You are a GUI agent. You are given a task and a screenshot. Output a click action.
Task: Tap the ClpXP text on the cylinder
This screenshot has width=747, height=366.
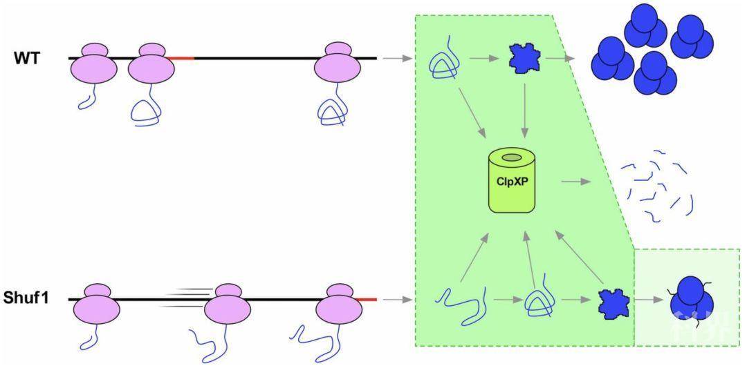pyautogui.click(x=511, y=184)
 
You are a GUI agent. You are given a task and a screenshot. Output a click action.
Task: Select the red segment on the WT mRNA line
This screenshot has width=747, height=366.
pyautogui.click(x=182, y=59)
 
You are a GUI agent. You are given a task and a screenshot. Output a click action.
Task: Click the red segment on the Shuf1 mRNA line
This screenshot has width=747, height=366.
pyautogui.click(x=367, y=300)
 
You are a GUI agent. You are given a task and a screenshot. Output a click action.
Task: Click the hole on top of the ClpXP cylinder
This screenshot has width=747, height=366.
pyautogui.click(x=512, y=158)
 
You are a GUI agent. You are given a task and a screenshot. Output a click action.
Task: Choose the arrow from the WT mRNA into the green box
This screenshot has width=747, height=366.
pyautogui.click(x=396, y=59)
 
